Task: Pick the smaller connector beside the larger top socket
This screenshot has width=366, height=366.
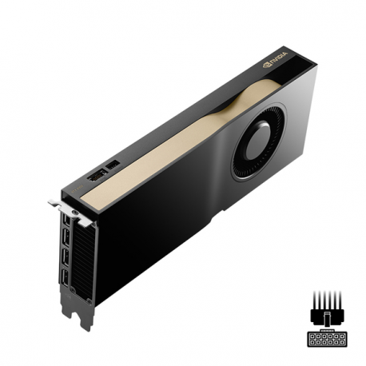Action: coord(113,165)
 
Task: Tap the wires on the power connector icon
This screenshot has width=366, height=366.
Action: coord(328,307)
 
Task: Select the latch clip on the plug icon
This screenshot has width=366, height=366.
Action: coord(328,328)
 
